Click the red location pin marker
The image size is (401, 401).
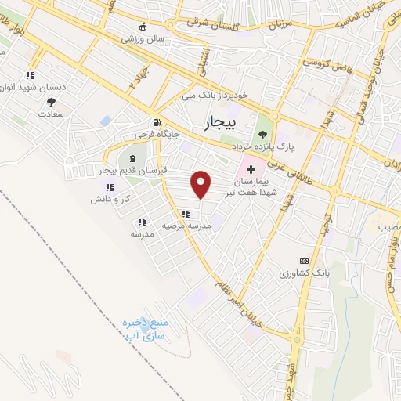click(201, 184)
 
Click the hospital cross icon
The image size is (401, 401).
click(251, 169)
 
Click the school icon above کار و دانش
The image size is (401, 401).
click(110, 187)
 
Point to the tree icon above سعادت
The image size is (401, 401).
click(51, 102)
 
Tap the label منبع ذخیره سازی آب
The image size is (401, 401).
click(146, 327)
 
